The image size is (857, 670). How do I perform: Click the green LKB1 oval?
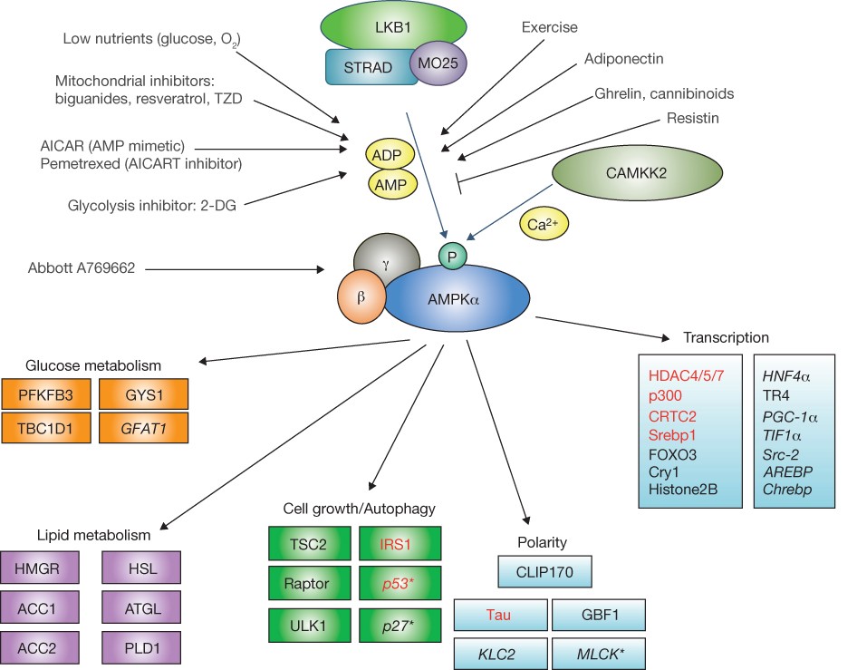pos(393,26)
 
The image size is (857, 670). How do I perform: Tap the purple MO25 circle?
pos(438,63)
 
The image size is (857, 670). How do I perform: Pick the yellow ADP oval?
pos(390,155)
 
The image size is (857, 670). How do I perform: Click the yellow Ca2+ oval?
pos(544,224)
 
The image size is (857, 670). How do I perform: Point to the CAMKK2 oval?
pos(637,173)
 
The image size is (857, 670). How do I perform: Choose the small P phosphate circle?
pos(453,257)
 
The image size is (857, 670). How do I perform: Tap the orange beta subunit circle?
pos(361,297)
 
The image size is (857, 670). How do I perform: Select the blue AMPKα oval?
pos(456,298)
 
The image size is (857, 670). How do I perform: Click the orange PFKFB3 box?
pos(46,394)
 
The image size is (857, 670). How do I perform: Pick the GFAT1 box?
pos(144,428)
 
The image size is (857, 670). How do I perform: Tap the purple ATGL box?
pos(141,607)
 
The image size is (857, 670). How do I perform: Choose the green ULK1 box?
pos(309,626)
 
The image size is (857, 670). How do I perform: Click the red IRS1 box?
pos(400,544)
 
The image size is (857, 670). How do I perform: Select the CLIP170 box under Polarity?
pos(544,572)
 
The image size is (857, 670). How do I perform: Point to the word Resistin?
pos(692,118)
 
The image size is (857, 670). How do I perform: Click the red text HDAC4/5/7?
pos(686,375)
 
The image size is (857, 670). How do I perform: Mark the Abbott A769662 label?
pos(82,268)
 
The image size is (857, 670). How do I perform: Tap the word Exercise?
pos(549,27)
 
